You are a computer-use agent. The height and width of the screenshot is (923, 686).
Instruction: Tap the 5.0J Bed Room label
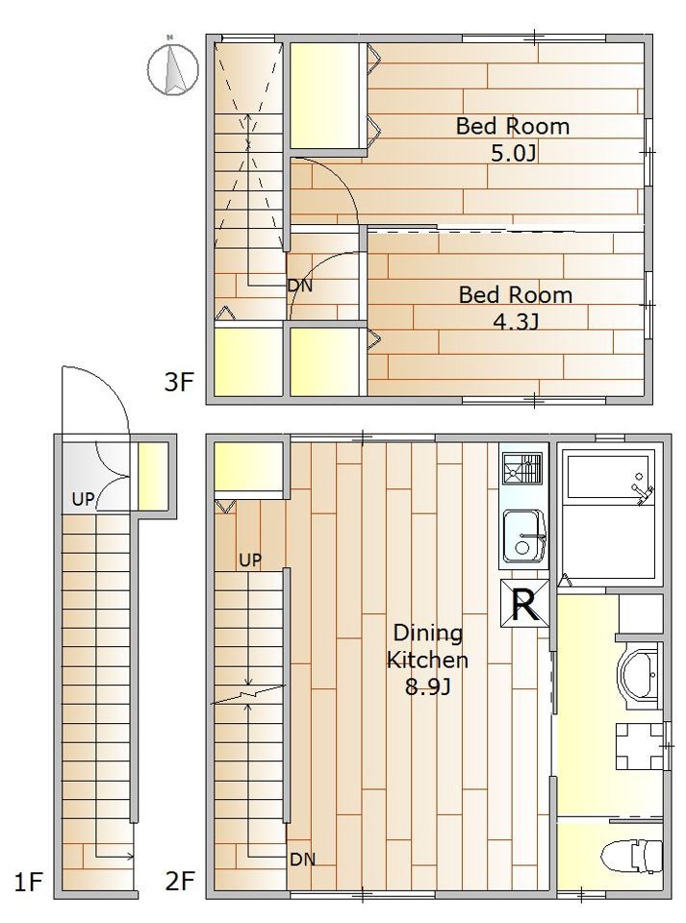[513, 139]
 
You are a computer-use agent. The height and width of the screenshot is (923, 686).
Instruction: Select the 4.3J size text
[516, 321]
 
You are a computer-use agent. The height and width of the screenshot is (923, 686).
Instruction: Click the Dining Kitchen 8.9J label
[427, 660]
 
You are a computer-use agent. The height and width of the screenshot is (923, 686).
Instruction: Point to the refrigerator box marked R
[524, 604]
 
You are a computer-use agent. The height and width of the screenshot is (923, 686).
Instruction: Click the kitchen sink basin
[523, 536]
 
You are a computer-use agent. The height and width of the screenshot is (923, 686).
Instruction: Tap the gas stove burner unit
[521, 468]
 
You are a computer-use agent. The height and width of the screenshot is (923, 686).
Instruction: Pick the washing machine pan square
[640, 746]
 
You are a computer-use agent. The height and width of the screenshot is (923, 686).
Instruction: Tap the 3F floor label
[178, 383]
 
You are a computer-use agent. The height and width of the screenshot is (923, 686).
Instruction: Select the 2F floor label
[180, 882]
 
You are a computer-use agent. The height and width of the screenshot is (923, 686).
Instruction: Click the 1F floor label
[28, 882]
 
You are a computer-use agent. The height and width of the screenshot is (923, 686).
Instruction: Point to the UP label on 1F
[83, 499]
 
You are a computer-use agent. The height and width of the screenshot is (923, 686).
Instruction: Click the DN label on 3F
[300, 287]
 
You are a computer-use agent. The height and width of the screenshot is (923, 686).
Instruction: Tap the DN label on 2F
[303, 860]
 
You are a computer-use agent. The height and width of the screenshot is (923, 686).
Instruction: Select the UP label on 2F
[250, 560]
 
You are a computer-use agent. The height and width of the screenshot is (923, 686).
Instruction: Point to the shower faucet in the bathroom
[643, 490]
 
